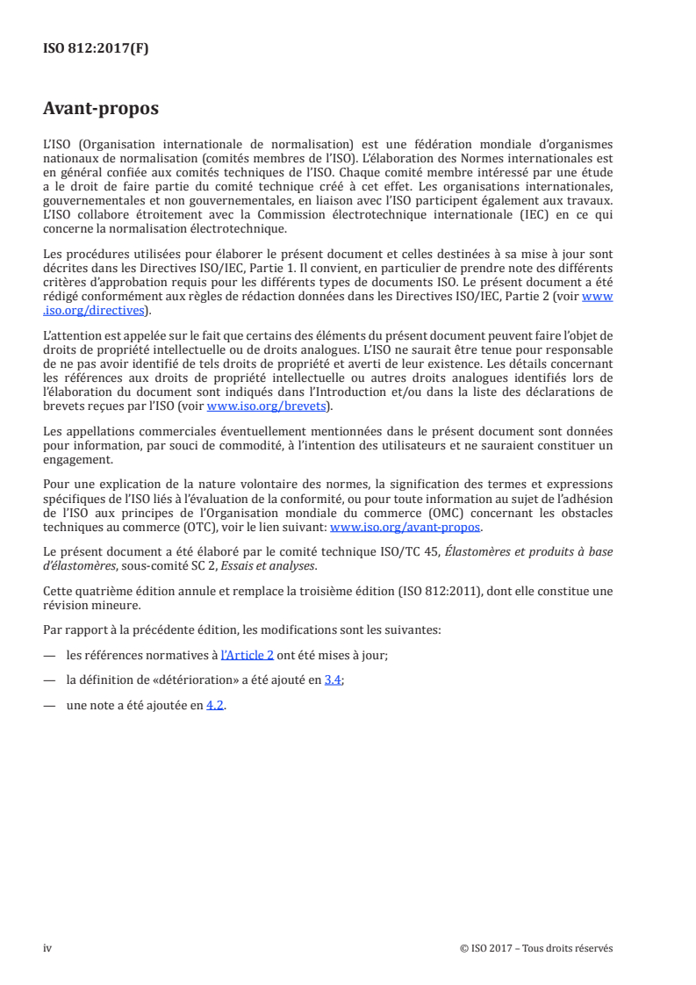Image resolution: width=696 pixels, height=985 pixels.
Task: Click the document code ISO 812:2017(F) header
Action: point(96,49)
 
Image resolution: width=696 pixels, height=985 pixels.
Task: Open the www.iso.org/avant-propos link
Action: point(405,528)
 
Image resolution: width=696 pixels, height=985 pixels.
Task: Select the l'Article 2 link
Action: point(247,654)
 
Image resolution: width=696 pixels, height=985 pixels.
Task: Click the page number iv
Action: point(48,948)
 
